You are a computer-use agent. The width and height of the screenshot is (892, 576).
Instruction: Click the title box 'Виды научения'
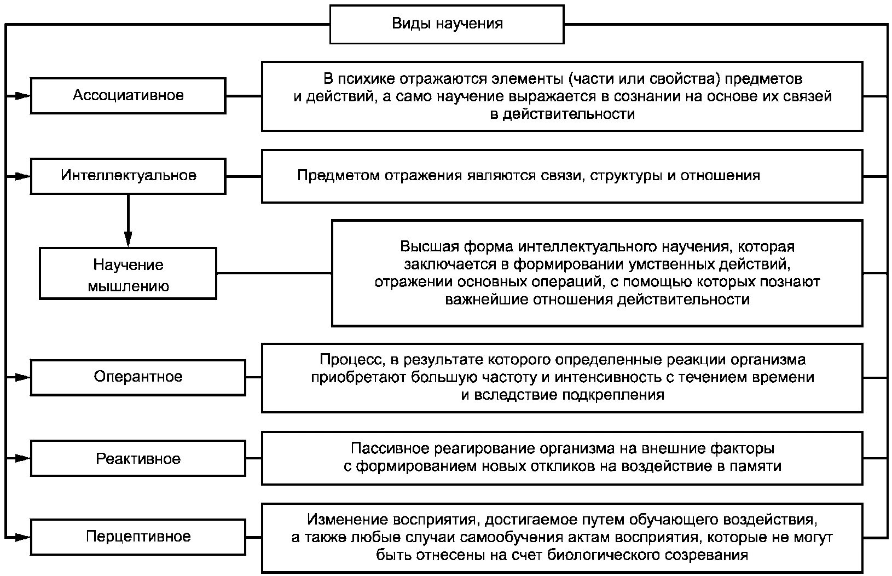(447, 24)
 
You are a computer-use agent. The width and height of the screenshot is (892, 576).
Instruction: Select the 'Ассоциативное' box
(128, 96)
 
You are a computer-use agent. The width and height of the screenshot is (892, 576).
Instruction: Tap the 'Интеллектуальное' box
(128, 176)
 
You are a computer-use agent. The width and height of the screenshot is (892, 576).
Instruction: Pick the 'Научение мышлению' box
(128, 274)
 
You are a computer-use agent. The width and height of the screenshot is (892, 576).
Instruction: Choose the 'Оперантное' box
(137, 377)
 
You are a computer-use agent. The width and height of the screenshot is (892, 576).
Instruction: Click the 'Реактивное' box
(137, 458)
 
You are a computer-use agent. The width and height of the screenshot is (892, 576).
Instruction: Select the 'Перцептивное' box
(137, 537)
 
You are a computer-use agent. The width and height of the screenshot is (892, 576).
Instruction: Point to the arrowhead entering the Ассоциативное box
(22, 96)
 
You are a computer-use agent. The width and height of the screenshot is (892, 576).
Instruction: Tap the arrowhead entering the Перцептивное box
(22, 537)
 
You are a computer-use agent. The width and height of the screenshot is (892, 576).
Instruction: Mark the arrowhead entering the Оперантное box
(22, 377)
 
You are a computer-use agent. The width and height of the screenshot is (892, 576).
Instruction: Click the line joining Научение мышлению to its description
(274, 273)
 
